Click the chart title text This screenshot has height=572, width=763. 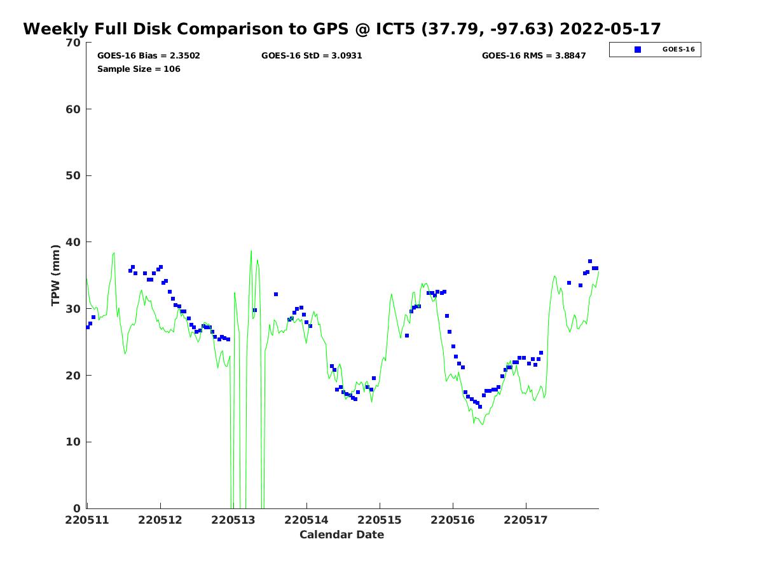pos(342,29)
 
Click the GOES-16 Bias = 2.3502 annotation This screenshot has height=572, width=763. pos(149,56)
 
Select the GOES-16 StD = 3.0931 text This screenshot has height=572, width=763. pos(312,56)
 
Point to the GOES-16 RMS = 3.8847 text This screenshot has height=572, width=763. pos(533,56)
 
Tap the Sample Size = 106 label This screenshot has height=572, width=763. pos(139,69)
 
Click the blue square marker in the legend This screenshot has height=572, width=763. pos(638,50)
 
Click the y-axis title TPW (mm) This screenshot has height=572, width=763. pos(56,275)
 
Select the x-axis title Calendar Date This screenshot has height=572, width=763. pos(342,535)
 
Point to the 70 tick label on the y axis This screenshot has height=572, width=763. pos(74,43)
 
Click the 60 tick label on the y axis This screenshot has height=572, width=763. pos(74,109)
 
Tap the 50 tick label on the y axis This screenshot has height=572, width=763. pos(74,175)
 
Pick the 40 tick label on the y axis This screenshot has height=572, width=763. pos(74,242)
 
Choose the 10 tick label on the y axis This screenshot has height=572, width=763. pos(74,442)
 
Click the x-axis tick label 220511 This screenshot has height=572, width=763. pos(88,520)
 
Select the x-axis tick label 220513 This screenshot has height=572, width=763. pos(233,520)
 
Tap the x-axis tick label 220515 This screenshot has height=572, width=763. pos(380,520)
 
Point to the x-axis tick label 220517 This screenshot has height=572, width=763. pos(526,520)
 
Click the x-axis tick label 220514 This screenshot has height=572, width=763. pos(306,520)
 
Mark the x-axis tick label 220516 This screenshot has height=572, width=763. pos(453,520)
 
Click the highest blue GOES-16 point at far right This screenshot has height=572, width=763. pos(590,261)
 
